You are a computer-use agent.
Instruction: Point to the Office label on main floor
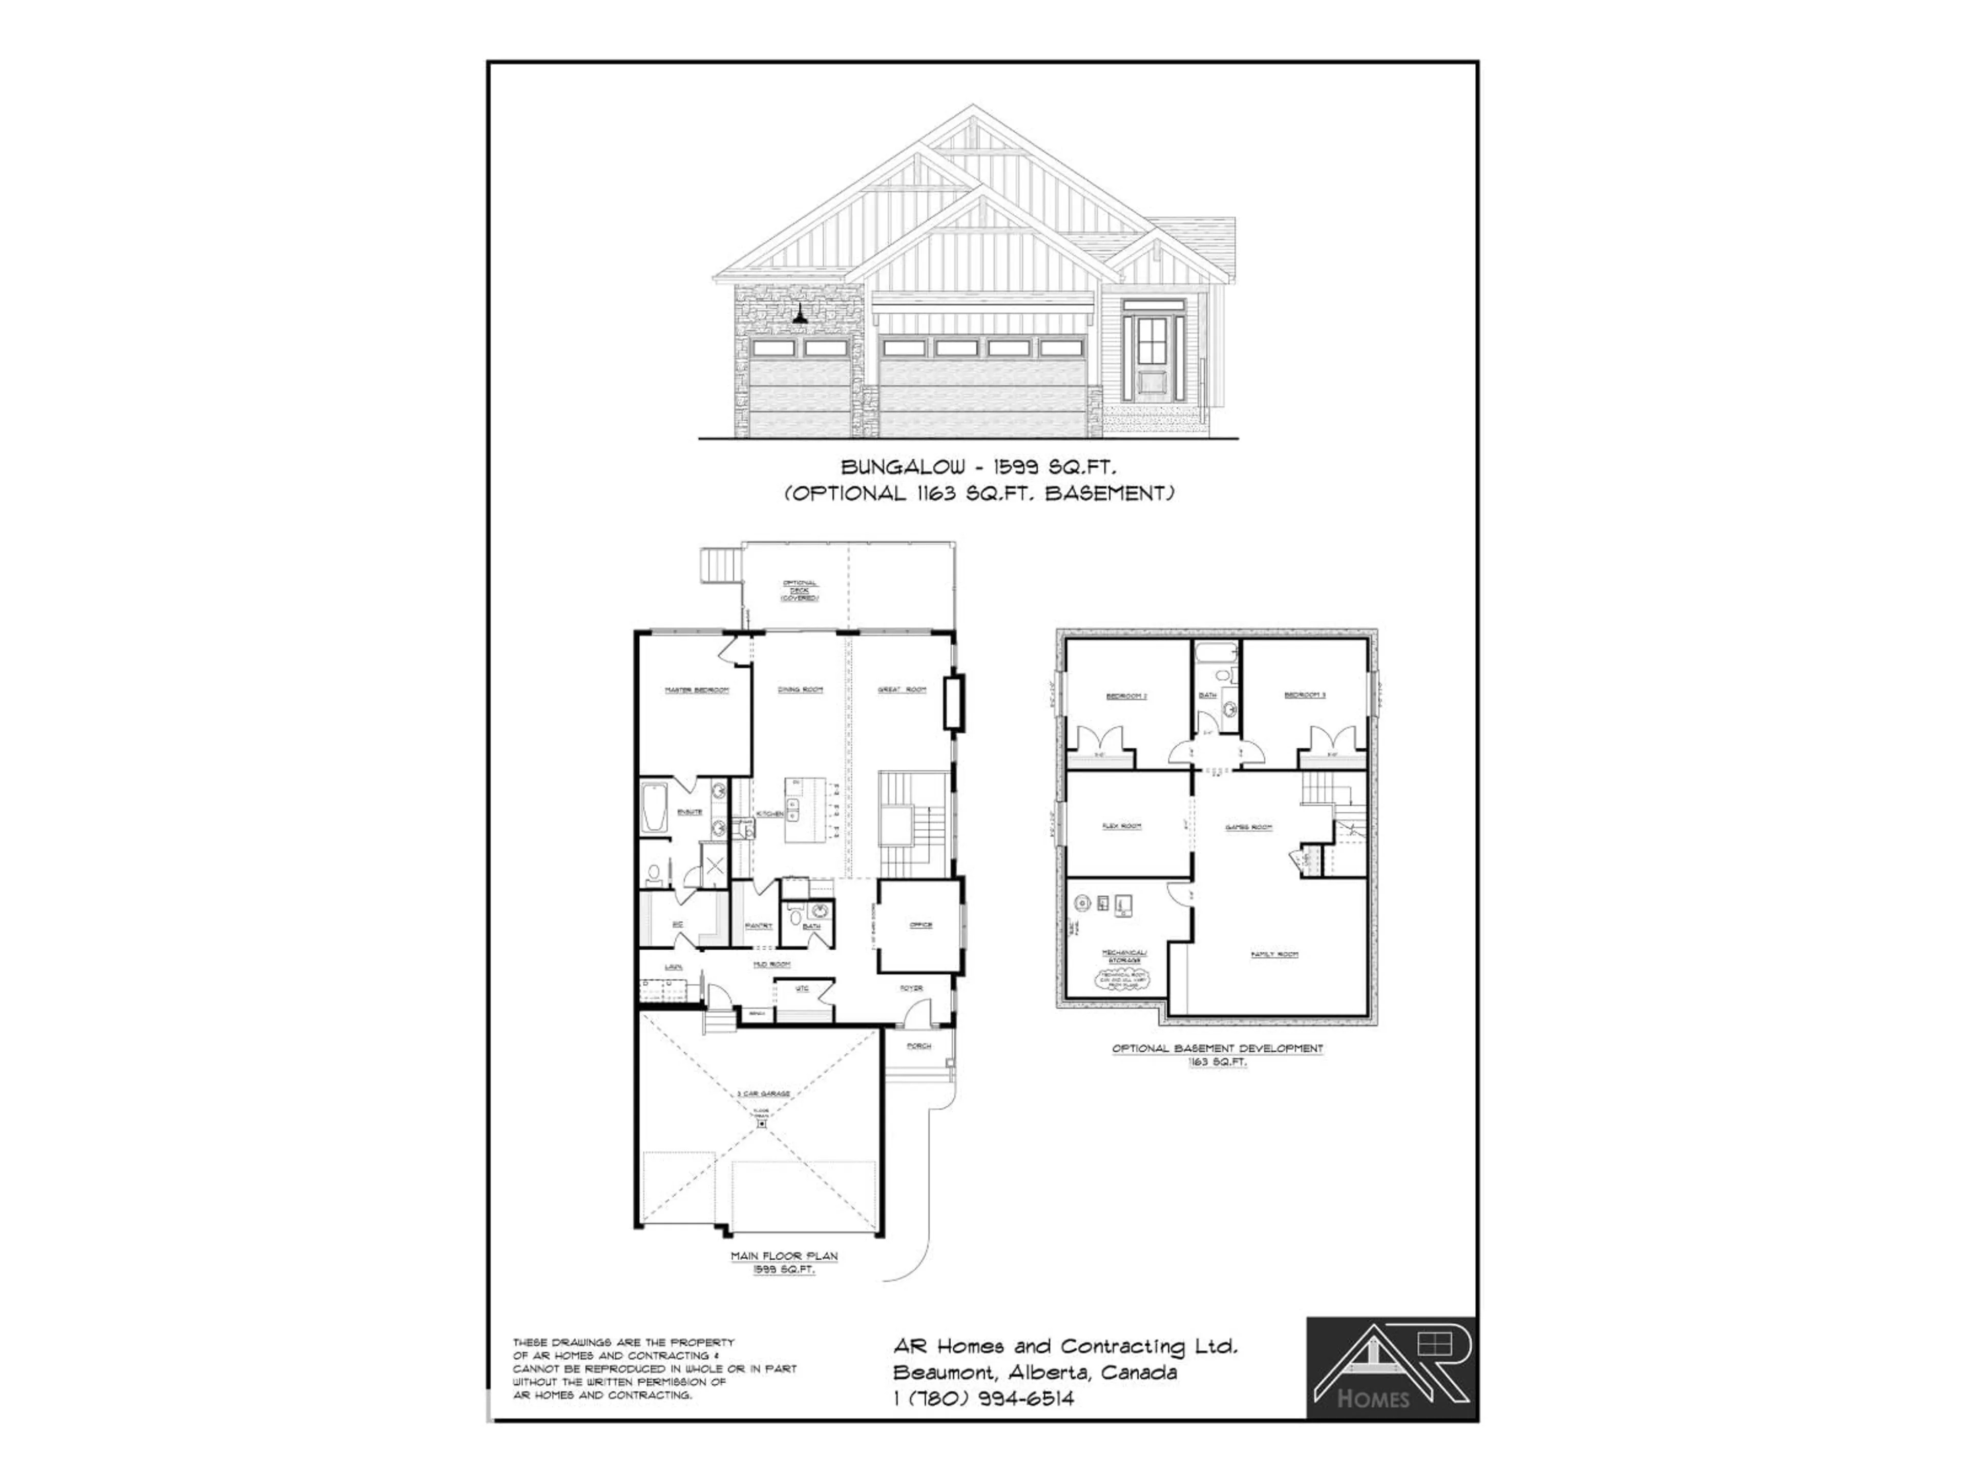coord(920,925)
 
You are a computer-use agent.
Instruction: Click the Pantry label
coord(759,926)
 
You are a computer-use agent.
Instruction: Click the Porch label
coord(918,1047)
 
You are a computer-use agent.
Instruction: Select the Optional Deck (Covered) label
coord(800,591)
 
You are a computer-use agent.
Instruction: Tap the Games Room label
coord(1248,827)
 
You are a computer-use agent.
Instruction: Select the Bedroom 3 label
coord(1305,695)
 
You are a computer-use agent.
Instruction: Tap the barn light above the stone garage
coord(800,316)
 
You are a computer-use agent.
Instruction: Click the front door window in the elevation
coord(1152,336)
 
